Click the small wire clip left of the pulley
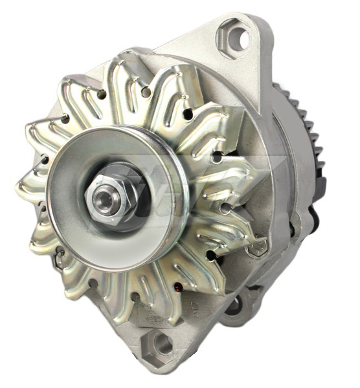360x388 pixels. click(58, 259)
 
